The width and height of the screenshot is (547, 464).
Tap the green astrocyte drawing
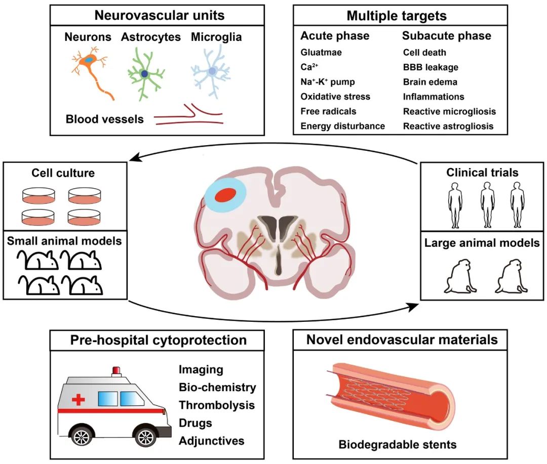click(x=145, y=74)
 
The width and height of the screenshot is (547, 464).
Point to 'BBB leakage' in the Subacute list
click(x=431, y=67)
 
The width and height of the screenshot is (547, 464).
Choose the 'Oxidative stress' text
click(x=335, y=96)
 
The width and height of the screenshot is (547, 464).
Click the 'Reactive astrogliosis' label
click(x=448, y=126)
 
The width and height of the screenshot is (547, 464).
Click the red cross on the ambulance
click(x=79, y=400)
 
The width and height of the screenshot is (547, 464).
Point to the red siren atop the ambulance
click(x=117, y=371)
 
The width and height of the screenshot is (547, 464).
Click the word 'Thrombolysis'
click(x=216, y=405)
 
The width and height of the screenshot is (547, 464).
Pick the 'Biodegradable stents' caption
click(x=398, y=445)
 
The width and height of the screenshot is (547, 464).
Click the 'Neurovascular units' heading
click(x=157, y=15)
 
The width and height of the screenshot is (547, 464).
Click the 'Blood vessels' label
click(x=104, y=119)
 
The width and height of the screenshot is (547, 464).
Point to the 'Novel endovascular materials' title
click(x=402, y=340)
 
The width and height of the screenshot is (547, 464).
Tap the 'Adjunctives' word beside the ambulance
click(x=211, y=440)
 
